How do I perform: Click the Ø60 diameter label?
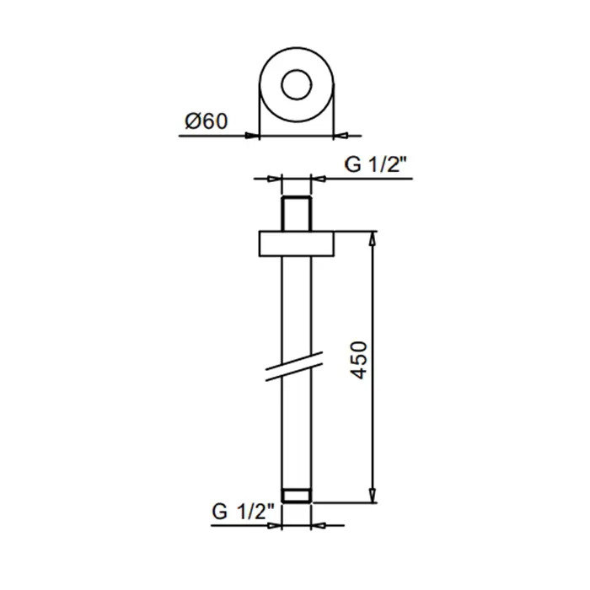pos(206,121)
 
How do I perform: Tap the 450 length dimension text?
pos(358,360)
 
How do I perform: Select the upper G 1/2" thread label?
pos(376,164)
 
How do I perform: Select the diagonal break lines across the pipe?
pos(294,367)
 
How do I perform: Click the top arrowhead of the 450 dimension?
pos(373,239)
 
